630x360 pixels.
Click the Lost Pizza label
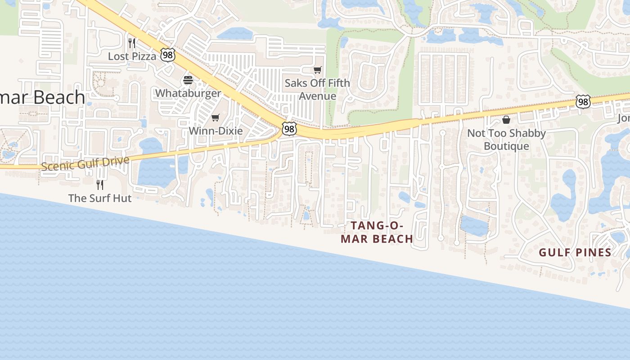(132, 56)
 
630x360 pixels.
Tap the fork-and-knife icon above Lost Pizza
(132, 43)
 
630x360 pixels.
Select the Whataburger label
(188, 93)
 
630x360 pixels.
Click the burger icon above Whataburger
(188, 81)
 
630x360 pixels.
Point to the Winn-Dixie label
(216, 131)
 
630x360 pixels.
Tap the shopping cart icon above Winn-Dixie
(216, 118)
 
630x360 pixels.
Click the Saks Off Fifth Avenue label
(317, 90)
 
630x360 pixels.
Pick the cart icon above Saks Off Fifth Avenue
(318, 70)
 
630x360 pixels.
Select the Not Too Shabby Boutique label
(506, 139)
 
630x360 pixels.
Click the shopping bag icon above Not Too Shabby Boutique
(506, 120)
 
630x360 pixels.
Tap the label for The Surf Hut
(100, 198)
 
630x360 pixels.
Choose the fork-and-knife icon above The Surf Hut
(100, 184)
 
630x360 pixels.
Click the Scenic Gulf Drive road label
(85, 163)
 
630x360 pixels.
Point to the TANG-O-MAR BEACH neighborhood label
(377, 232)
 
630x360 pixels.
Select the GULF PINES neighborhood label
(575, 252)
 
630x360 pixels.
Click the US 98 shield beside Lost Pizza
(168, 56)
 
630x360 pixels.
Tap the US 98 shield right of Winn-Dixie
(289, 129)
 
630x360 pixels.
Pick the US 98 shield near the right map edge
(583, 102)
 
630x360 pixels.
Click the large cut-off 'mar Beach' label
(43, 98)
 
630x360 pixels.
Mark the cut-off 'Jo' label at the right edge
(624, 118)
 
